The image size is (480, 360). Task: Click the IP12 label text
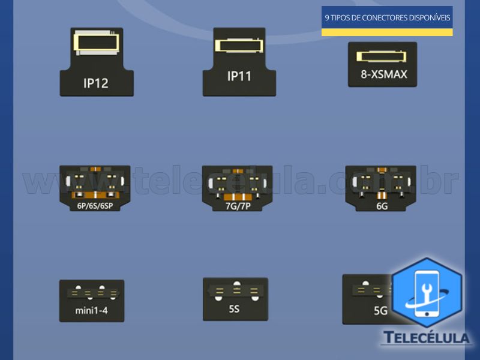point(96,83)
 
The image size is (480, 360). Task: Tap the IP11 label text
point(240,76)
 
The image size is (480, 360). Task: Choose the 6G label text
point(382,206)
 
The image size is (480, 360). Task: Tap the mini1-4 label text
point(91,311)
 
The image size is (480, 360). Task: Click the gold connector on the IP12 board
point(96,41)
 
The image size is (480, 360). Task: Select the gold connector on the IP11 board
point(239,45)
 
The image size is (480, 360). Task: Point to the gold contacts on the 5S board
point(236,292)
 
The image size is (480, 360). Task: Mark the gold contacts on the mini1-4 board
point(92,293)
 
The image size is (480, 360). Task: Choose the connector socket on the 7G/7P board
point(237,182)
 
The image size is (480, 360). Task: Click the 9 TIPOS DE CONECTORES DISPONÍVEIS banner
point(387,17)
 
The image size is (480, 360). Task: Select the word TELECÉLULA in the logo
point(426,338)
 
